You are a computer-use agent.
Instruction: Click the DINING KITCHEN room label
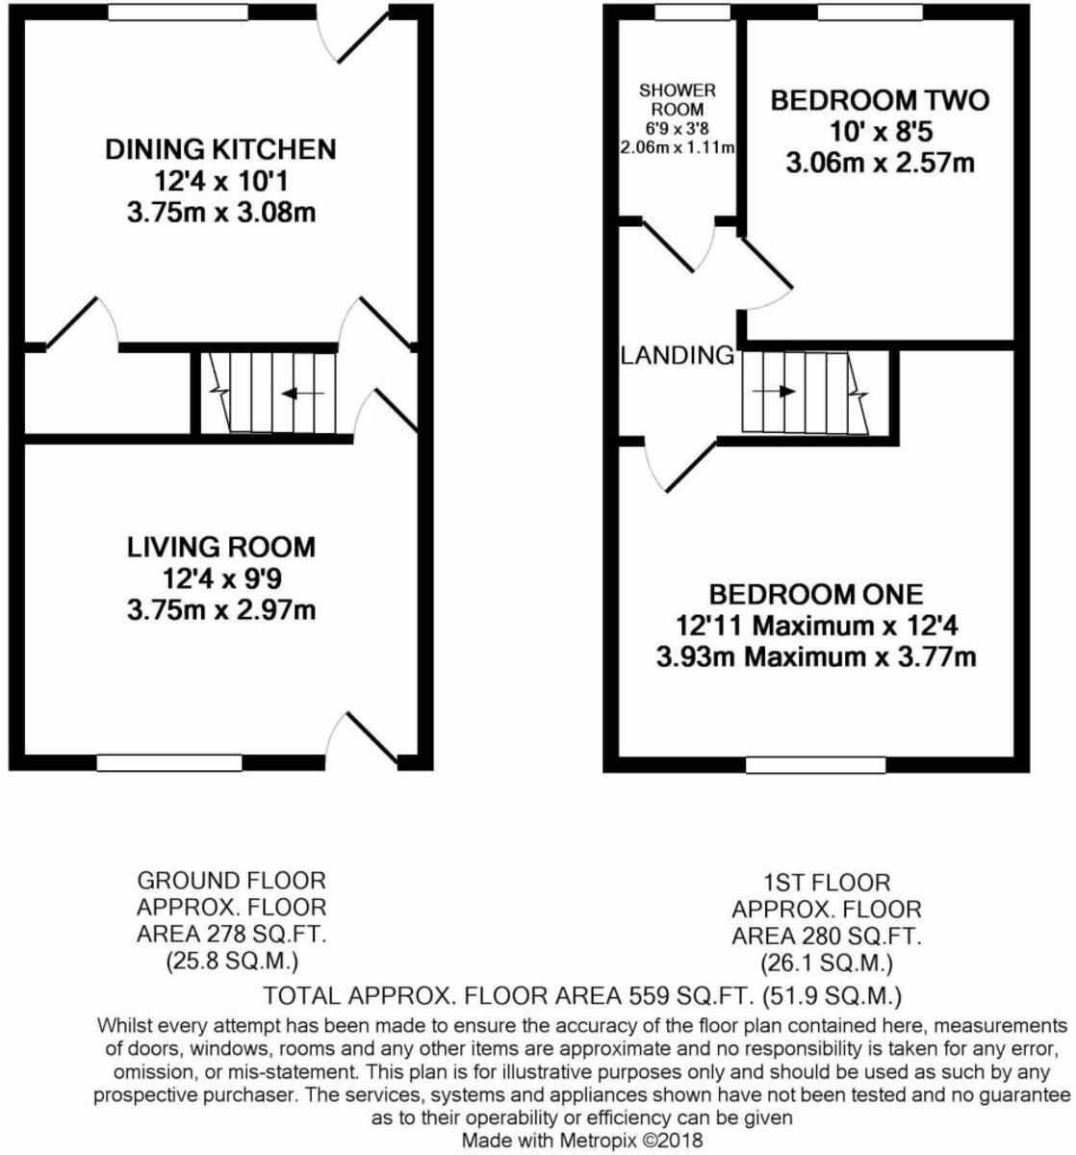click(220, 150)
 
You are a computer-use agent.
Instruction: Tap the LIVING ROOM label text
click(221, 548)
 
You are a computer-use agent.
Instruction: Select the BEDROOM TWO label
click(880, 100)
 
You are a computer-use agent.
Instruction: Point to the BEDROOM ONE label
click(816, 594)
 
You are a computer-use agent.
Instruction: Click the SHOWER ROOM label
click(678, 99)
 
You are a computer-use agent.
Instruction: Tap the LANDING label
click(677, 355)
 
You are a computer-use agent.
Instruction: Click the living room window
click(169, 762)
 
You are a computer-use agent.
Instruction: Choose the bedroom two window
click(870, 13)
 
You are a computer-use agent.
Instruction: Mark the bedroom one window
click(816, 764)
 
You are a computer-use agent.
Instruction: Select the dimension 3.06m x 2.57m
click(880, 163)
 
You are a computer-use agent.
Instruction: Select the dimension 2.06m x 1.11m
click(678, 147)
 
